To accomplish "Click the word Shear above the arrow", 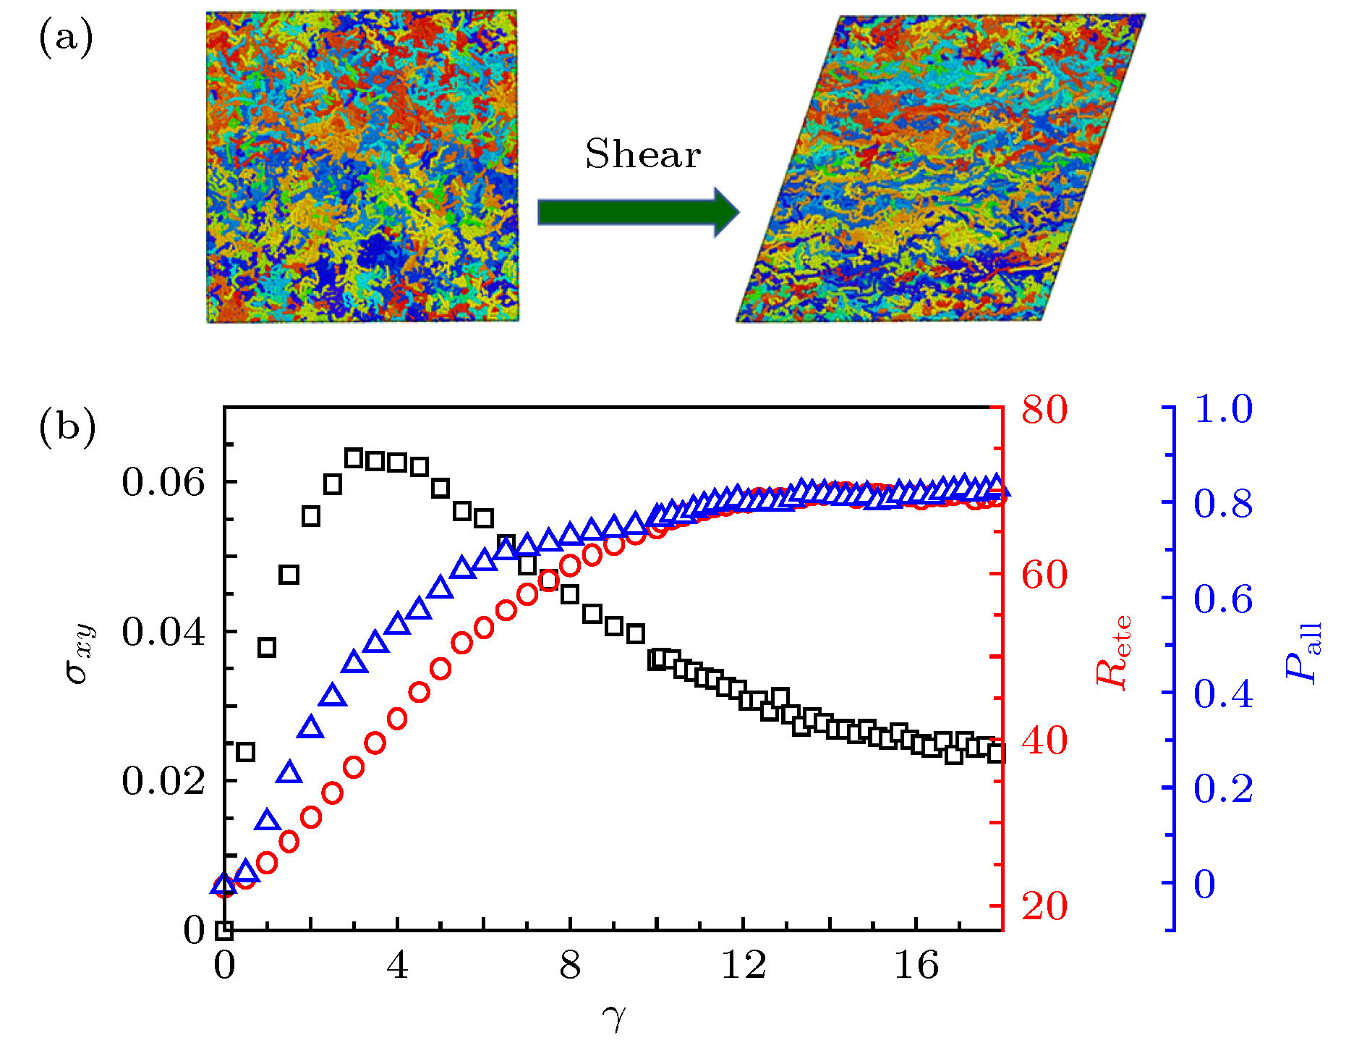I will click(643, 154).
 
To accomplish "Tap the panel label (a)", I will click(65, 38).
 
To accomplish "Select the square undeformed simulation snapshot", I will click(362, 166).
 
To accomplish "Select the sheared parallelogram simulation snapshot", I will click(940, 168).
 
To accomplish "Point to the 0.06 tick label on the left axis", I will click(163, 482).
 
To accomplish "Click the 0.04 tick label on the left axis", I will click(163, 632).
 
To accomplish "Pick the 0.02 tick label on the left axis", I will click(163, 781).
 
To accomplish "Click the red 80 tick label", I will click(1044, 410).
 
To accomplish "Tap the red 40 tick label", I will click(1044, 740).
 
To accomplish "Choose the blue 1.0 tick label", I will click(1223, 409).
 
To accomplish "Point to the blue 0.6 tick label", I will click(1223, 599).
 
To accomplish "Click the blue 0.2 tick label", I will click(1223, 789).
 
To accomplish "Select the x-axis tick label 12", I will click(744, 966).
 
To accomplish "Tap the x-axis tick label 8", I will click(570, 966).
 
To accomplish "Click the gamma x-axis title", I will click(613, 1018).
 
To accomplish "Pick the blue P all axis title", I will click(1303, 651).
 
